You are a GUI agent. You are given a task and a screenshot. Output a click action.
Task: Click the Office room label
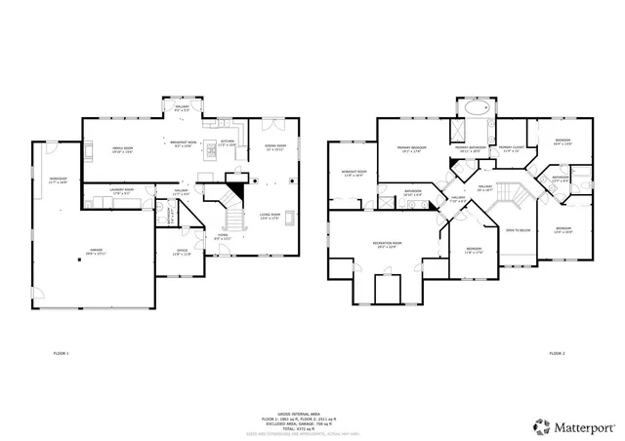tap(181, 252)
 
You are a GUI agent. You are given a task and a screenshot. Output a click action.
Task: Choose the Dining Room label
tap(276, 148)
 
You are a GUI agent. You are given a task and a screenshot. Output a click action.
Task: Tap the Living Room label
tap(270, 217)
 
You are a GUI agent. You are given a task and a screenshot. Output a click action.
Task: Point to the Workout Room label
tap(354, 174)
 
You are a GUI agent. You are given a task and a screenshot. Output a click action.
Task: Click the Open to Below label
tap(518, 231)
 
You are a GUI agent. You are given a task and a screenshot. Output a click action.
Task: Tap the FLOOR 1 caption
tap(61, 352)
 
